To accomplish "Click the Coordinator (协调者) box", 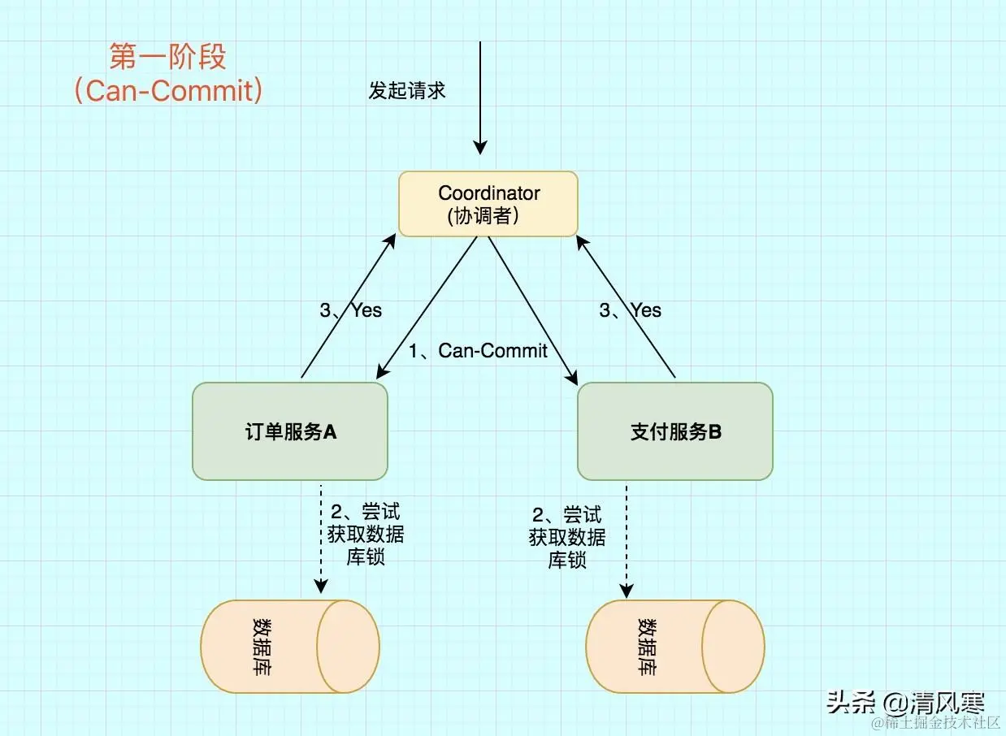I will point(488,204).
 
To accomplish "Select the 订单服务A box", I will point(290,431).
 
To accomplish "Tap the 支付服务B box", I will point(675,431).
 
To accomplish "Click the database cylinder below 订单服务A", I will point(290,647).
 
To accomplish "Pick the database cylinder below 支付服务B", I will point(675,647).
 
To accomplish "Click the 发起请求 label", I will point(407,90).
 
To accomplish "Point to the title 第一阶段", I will point(168,57).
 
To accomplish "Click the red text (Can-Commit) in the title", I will point(168,90).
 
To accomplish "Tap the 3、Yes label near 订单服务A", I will point(350,310).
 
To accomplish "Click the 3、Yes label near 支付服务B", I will point(631,310).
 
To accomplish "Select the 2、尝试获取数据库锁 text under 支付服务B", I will point(567,537).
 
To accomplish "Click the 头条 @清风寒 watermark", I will point(905,702).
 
